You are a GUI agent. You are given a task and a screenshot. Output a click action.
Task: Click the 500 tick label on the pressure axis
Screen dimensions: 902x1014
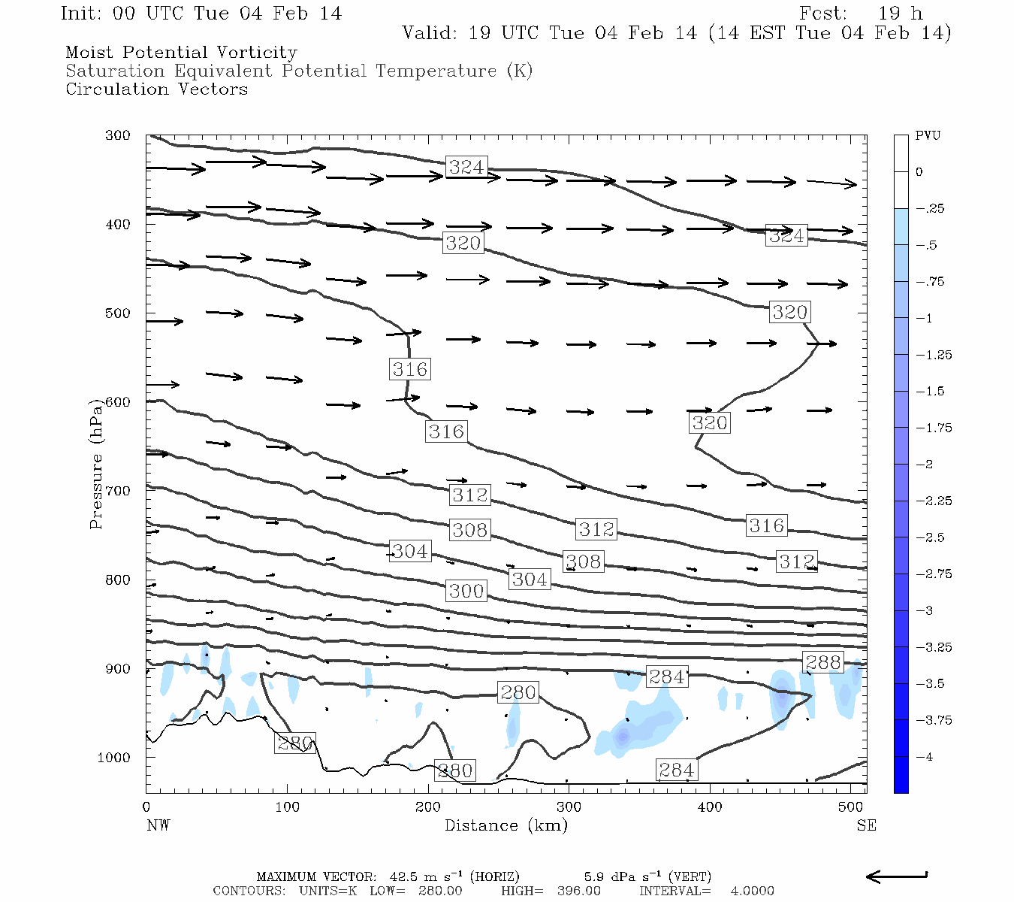click(117, 313)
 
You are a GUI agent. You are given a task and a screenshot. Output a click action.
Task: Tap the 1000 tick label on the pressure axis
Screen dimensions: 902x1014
click(113, 758)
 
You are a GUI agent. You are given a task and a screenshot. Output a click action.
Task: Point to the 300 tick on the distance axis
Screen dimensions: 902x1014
click(569, 807)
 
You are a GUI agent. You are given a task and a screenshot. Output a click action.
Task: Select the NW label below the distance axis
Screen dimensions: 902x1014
click(158, 825)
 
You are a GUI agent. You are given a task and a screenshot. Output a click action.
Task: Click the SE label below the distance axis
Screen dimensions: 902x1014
click(866, 825)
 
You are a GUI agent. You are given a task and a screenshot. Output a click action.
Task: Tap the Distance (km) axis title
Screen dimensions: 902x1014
click(505, 825)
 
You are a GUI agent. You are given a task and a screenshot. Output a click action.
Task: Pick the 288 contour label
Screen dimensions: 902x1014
click(823, 662)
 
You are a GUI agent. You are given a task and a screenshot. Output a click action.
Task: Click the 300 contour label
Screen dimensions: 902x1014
click(466, 591)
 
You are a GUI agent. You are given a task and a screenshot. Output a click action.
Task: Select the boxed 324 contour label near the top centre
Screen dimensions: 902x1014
click(466, 167)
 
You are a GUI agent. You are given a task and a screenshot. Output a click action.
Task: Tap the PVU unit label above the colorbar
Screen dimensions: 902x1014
click(928, 136)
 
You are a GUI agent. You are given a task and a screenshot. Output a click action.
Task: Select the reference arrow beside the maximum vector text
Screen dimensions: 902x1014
click(896, 876)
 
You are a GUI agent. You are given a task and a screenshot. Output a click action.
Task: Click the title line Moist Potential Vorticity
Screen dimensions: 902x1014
click(181, 53)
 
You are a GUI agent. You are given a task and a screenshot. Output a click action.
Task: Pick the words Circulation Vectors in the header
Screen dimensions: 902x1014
click(156, 89)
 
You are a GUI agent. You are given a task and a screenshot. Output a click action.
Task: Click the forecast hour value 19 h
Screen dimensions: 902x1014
click(901, 14)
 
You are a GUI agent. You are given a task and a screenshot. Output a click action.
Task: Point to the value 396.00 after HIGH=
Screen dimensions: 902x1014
click(579, 891)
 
